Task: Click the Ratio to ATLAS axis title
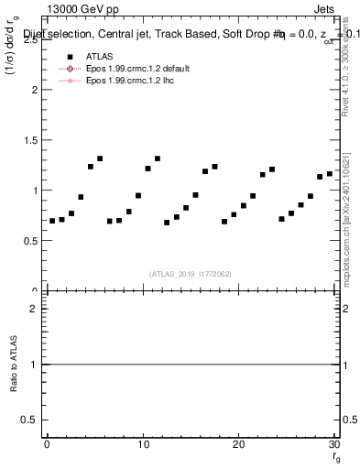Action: click(14, 364)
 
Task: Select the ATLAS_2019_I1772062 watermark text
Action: click(190, 274)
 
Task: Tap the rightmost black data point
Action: click(330, 173)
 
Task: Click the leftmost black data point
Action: click(52, 221)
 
